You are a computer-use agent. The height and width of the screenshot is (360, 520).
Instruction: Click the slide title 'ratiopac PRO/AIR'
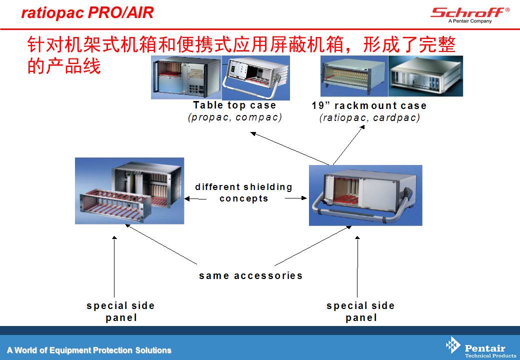coord(87,13)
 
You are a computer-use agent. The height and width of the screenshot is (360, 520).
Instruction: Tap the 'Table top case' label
coord(234,105)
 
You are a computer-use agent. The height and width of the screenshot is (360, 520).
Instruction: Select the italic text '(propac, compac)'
coord(235,117)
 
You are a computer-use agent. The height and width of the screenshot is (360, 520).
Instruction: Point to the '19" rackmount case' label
coord(369,105)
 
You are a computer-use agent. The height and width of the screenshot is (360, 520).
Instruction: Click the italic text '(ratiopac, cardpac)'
coord(370,117)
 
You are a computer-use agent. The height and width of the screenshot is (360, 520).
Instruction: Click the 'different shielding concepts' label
coord(244,192)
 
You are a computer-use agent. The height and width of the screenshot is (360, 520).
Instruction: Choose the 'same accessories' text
coord(250,275)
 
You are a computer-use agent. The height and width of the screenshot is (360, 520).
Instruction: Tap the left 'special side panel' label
coord(120,311)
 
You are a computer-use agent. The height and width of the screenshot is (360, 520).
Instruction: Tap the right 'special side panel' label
coord(360,311)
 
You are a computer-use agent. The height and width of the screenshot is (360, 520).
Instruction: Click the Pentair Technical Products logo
coord(480,347)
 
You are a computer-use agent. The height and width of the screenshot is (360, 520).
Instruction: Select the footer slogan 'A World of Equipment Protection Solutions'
coord(89,350)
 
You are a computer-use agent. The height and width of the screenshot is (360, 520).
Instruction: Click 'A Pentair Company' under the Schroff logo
coord(470,21)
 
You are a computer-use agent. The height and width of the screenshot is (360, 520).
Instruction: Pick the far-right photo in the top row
coord(425,76)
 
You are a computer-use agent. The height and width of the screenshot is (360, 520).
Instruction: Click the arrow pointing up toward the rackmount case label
coord(349,145)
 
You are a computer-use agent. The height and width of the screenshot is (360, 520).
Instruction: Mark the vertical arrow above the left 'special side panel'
coord(114,266)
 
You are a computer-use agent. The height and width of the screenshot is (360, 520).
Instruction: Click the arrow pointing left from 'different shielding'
coord(195,199)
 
